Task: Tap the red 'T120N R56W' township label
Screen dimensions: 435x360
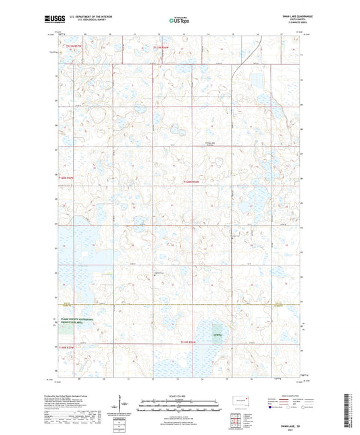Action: point(192,181)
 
